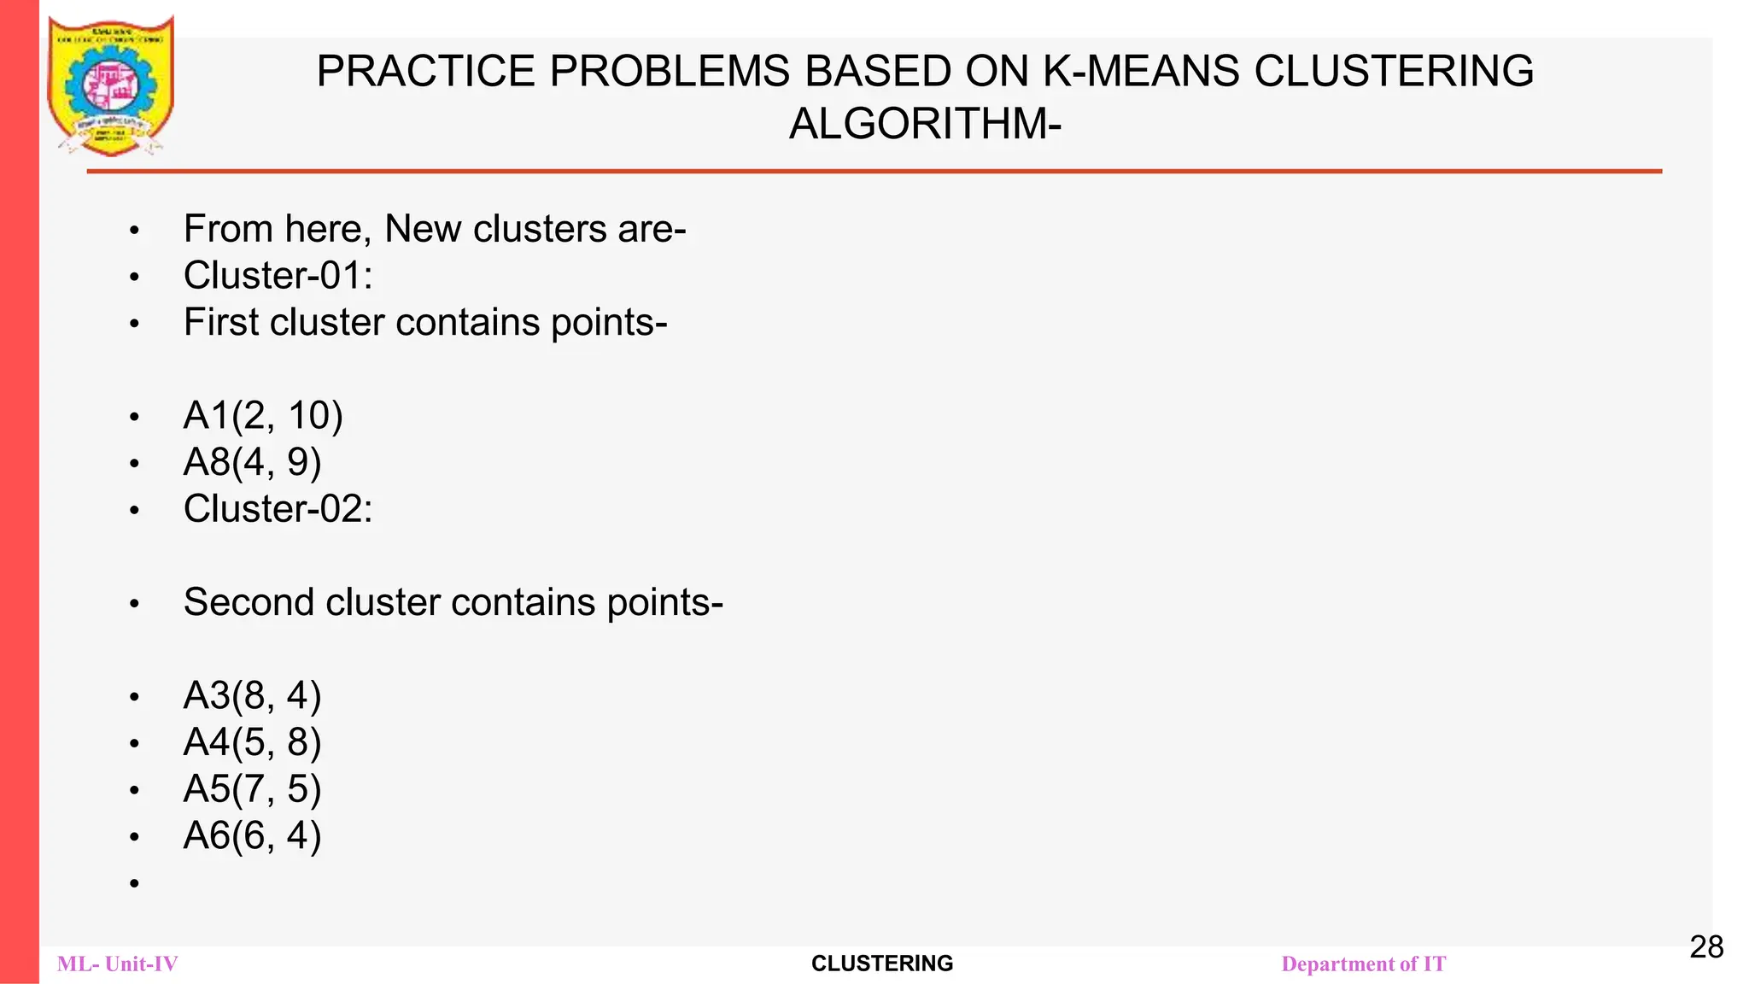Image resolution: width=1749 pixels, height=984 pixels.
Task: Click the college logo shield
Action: [x=111, y=85]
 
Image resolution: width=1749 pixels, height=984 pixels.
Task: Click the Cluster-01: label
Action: [x=278, y=276]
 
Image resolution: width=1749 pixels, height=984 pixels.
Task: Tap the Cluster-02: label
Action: [x=278, y=509]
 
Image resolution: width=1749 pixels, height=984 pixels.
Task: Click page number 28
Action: [x=1706, y=946]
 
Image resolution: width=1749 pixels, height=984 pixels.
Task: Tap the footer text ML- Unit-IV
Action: [x=118, y=964]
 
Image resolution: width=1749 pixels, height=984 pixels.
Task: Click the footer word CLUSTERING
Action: [x=882, y=963]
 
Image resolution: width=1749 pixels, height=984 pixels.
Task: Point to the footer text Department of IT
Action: [x=1364, y=964]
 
